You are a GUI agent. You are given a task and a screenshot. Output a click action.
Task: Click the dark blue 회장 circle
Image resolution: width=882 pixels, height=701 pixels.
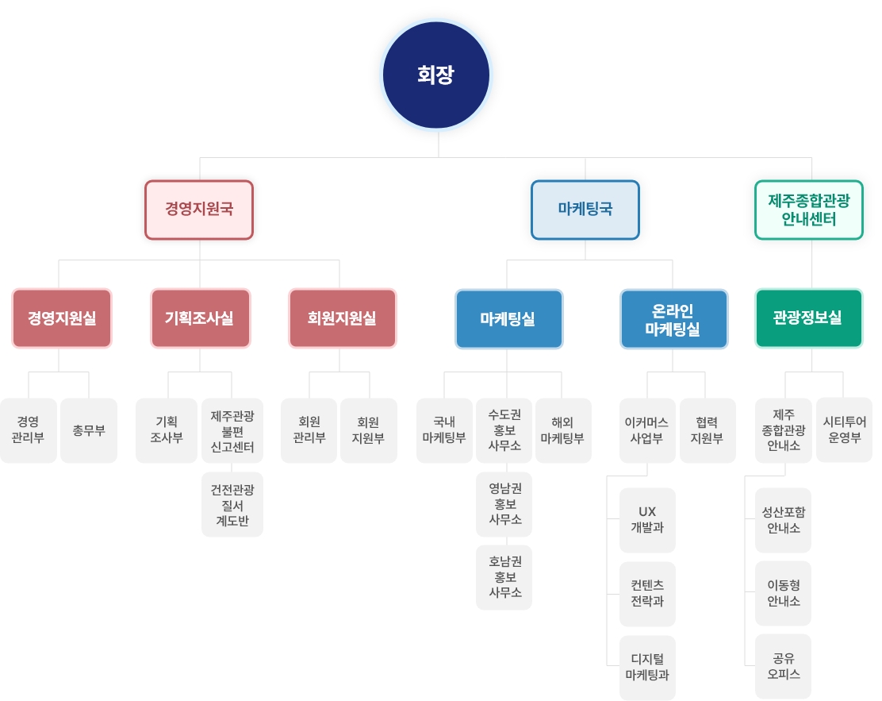(436, 75)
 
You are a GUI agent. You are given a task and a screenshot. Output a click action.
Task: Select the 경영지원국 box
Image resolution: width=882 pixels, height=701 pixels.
(199, 210)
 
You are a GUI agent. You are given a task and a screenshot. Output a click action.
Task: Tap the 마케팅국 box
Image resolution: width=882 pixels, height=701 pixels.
(585, 210)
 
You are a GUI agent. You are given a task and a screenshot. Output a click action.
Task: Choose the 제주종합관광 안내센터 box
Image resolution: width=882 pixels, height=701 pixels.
(809, 210)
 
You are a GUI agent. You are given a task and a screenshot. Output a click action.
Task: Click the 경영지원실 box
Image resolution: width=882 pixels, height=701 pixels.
(62, 318)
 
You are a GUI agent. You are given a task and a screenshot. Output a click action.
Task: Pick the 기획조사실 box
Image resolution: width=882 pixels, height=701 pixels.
(200, 318)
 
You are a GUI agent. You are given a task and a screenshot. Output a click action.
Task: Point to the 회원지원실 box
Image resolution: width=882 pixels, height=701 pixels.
(342, 318)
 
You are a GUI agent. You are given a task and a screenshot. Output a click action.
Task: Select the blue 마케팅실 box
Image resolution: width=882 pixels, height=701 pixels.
(508, 318)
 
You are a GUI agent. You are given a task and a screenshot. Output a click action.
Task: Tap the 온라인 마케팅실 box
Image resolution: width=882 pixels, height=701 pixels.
(673, 318)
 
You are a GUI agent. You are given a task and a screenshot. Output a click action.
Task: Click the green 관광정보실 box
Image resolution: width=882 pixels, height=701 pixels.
(808, 318)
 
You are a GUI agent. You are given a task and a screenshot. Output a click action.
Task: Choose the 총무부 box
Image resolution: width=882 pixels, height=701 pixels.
(89, 430)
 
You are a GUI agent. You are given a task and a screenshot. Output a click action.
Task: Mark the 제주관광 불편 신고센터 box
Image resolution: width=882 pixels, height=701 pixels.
(232, 430)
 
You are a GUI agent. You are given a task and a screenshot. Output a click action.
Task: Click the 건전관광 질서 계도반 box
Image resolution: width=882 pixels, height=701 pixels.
(232, 504)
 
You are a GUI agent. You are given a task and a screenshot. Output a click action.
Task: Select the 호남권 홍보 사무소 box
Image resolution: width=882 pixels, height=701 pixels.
(504, 577)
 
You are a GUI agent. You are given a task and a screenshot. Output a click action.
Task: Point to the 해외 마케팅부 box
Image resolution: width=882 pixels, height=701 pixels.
(563, 430)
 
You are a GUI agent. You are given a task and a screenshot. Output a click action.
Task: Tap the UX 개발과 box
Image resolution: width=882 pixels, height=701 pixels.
(647, 520)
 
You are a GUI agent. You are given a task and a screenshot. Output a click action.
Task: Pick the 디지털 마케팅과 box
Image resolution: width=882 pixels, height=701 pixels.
(647, 668)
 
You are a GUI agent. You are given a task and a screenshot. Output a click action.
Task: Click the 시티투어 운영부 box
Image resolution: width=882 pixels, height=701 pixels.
(844, 430)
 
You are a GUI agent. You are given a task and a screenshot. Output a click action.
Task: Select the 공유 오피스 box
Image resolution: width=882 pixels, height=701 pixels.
(783, 666)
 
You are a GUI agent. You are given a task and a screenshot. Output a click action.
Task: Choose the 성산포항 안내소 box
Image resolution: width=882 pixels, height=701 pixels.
(783, 520)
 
